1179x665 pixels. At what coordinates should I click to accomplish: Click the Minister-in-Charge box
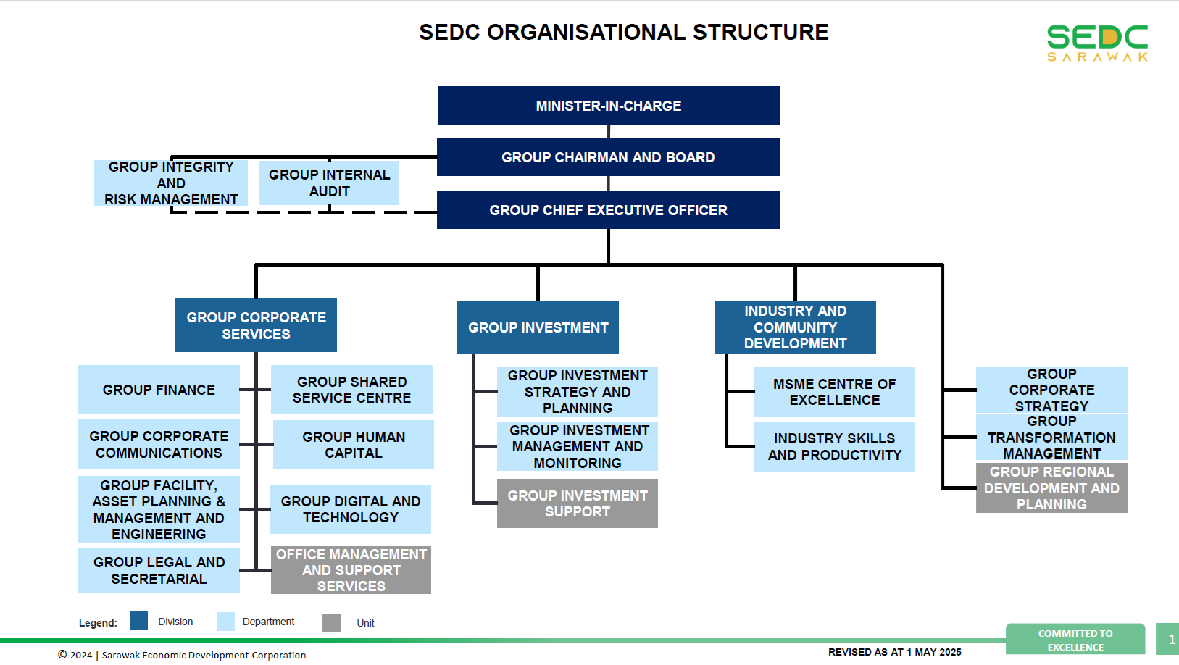tap(608, 106)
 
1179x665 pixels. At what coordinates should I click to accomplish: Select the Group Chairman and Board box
tap(608, 157)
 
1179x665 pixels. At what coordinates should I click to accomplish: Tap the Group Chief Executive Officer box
tap(608, 210)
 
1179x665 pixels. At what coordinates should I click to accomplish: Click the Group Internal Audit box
tap(329, 183)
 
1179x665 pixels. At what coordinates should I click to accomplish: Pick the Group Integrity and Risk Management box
tap(171, 183)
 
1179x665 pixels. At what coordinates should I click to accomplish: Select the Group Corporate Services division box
tap(256, 325)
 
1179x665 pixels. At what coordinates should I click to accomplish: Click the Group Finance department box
tap(159, 390)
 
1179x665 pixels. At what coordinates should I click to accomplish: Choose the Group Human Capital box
tap(354, 445)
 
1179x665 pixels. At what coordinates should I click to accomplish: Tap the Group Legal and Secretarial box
tap(159, 570)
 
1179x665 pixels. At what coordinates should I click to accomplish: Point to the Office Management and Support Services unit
tap(351, 570)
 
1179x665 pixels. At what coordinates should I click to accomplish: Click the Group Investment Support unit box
tap(577, 503)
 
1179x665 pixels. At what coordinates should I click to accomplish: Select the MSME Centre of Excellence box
tap(834, 392)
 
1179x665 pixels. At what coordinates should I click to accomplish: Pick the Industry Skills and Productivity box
tap(834, 447)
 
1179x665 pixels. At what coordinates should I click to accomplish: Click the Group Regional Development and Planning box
tap(1051, 488)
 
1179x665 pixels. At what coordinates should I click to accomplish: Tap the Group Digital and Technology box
tap(351, 509)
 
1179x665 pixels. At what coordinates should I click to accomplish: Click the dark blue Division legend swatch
tap(138, 621)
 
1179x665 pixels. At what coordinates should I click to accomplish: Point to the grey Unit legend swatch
tap(331, 622)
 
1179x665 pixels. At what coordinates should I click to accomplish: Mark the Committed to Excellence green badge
tap(1075, 640)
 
